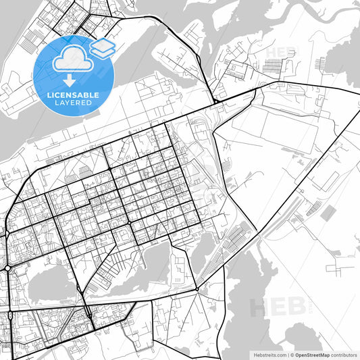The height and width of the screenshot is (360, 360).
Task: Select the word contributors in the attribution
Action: pyautogui.click(x=342, y=355)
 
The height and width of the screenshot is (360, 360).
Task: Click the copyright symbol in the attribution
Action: pyautogui.click(x=292, y=355)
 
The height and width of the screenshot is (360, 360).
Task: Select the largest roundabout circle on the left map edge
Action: pyautogui.click(x=7, y=268)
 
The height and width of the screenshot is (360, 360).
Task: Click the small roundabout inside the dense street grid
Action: pyautogui.click(x=128, y=224)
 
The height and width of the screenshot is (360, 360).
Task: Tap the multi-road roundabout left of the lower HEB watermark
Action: pyautogui.click(x=197, y=290)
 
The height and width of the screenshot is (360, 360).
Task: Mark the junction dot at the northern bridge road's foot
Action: pyautogui.click(x=214, y=103)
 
